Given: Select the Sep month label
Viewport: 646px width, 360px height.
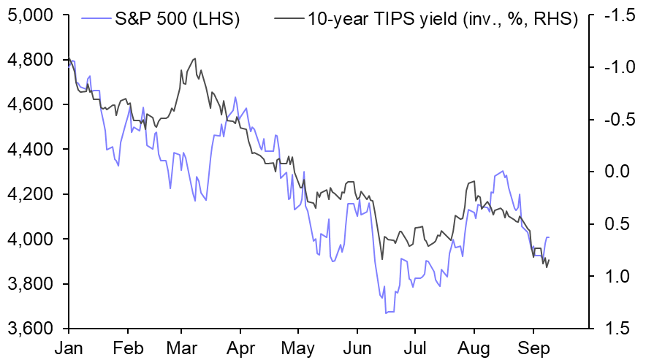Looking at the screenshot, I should pyautogui.click(x=533, y=348).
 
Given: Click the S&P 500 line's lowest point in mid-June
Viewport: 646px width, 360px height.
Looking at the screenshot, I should pyautogui.click(x=386, y=313).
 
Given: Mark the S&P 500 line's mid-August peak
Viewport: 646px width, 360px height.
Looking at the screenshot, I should pyautogui.click(x=501, y=172).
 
